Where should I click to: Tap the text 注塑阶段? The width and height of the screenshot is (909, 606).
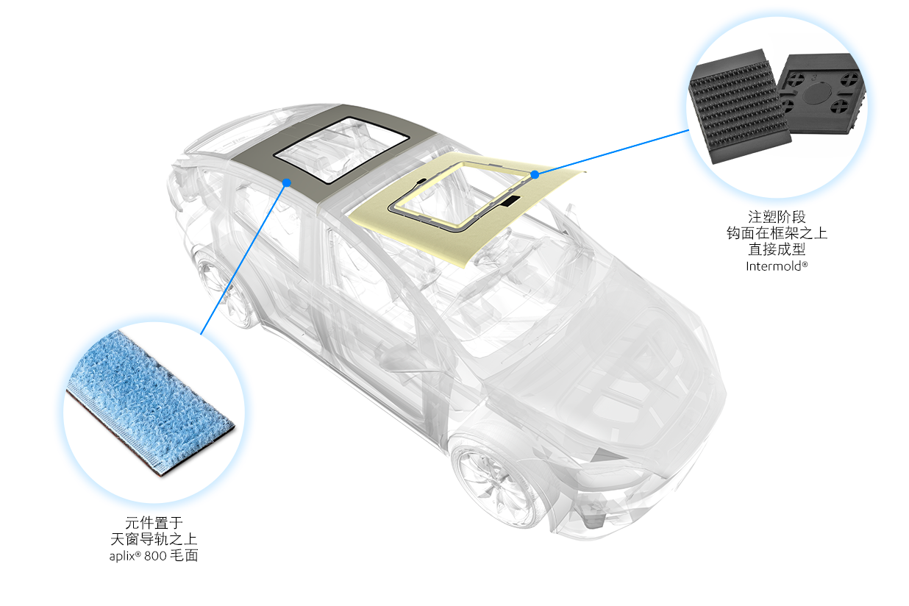[x=777, y=217]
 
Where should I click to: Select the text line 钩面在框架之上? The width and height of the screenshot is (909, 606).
[x=777, y=233]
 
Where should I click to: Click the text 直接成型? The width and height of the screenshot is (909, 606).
[x=777, y=249]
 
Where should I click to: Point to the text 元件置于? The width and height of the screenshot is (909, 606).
[x=154, y=523]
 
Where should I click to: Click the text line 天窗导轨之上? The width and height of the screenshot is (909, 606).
[x=154, y=539]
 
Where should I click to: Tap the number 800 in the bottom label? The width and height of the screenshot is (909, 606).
[x=155, y=556]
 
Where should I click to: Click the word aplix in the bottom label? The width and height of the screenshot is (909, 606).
[x=122, y=556]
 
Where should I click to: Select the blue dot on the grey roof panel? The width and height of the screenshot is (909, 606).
[x=287, y=182]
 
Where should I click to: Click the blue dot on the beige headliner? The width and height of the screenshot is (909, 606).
[x=535, y=174]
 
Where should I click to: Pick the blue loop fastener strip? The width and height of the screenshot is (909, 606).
[x=151, y=403]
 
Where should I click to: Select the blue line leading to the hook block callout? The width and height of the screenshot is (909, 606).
[x=612, y=152]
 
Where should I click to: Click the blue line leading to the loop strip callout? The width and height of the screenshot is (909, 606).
[x=243, y=259]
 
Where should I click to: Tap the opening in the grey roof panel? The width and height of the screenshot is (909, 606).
[x=342, y=150]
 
